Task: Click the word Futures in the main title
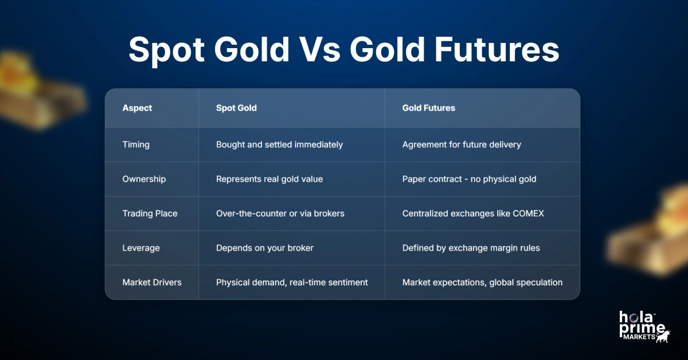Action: [x=497, y=49]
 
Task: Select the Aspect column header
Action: [x=137, y=108]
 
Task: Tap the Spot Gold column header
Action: [x=236, y=108]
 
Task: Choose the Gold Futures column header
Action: [x=428, y=108]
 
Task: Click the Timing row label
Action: [x=136, y=144]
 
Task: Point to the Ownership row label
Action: [x=144, y=179]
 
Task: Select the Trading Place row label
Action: [x=150, y=213]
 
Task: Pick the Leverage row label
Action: [x=141, y=248]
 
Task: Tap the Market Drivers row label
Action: [x=152, y=282]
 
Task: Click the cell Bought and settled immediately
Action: [x=279, y=144]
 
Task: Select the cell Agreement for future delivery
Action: [x=462, y=144]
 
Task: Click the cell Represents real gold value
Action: [x=269, y=179]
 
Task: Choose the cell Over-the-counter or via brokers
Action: [x=280, y=213]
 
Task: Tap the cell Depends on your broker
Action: [x=265, y=248]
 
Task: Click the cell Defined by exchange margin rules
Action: [x=471, y=248]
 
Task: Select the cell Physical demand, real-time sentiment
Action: [x=292, y=282]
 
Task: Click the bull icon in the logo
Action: [x=663, y=336]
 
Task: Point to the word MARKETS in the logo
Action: [x=639, y=337]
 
